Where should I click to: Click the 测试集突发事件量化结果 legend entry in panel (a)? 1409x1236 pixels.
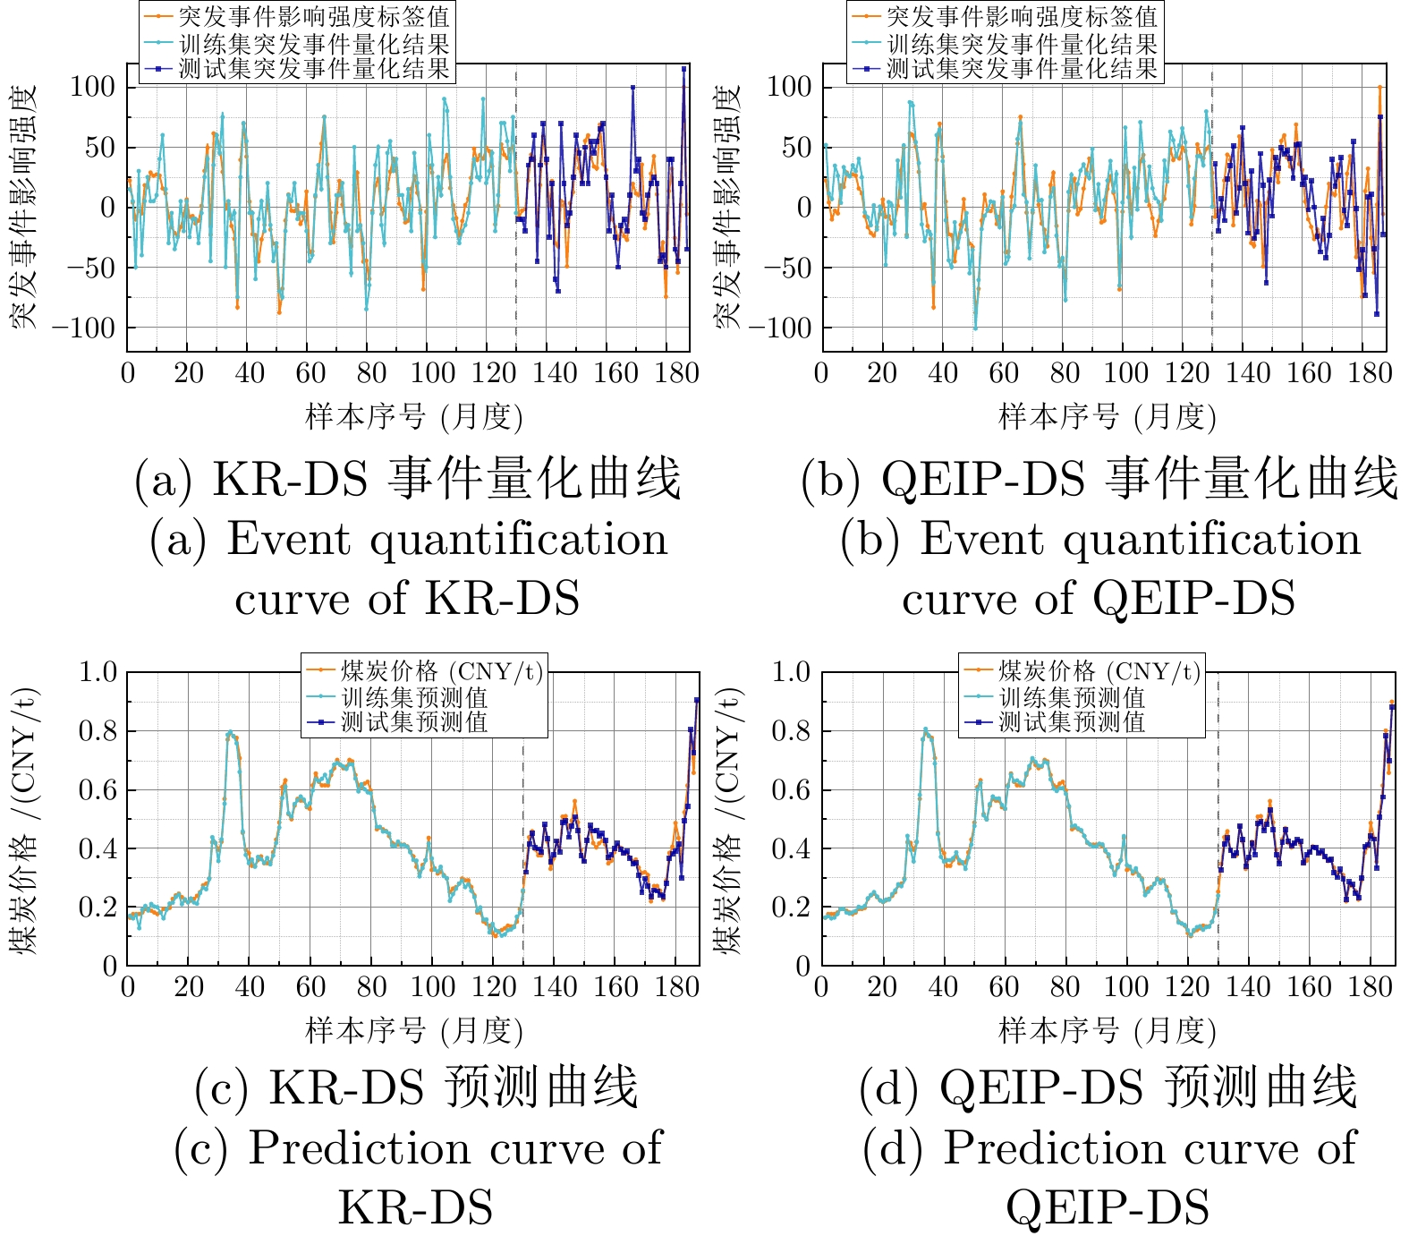pos(313,68)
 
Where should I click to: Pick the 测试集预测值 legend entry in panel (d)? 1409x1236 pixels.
pos(1072,721)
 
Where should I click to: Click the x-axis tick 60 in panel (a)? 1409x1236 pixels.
pos(310,372)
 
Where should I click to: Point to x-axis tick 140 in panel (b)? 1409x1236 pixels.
pos(1247,372)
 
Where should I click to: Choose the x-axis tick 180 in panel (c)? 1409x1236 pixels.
pos(676,987)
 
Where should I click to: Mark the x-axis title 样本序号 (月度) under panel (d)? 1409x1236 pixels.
pos(1108,1032)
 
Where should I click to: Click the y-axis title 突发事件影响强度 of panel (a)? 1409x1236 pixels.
pos(25,207)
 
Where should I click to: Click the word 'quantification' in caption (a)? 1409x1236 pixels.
pos(519,540)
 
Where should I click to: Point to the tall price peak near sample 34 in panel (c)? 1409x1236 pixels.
pos(231,733)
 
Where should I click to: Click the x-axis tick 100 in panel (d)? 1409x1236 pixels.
pos(1125,987)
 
